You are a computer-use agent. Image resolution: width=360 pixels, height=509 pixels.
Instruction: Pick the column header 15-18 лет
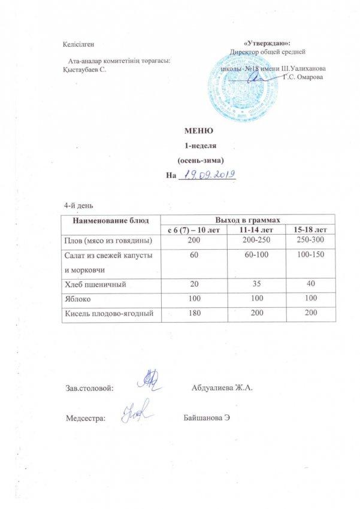[x=306, y=229]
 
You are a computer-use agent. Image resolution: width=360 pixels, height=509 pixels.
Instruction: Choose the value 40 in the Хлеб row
[x=306, y=285]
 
